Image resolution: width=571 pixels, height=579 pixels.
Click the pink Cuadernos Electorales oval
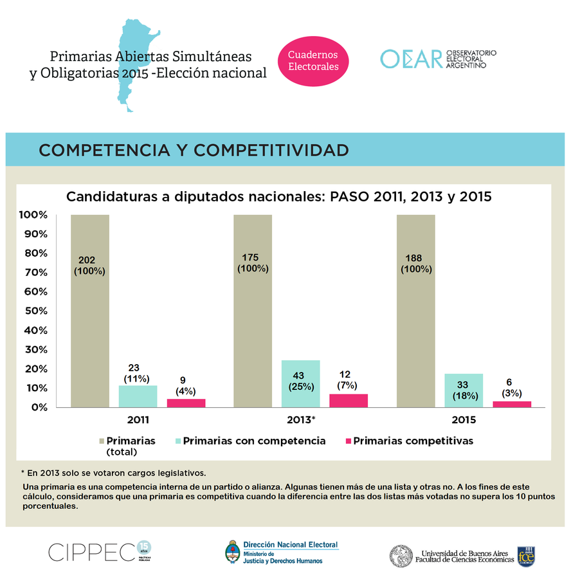(x=313, y=60)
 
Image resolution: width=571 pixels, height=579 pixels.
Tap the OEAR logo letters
(x=412, y=59)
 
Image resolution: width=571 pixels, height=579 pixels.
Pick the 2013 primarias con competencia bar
(x=300, y=383)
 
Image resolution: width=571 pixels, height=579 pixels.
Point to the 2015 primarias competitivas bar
(x=512, y=404)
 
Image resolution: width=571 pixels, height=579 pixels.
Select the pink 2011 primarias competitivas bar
(x=186, y=403)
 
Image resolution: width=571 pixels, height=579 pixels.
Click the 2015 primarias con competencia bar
(x=463, y=391)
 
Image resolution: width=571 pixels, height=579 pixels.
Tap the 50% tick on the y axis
(x=33, y=311)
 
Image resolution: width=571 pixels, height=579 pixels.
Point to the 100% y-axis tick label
(x=32, y=214)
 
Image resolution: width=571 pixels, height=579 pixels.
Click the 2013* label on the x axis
(x=300, y=420)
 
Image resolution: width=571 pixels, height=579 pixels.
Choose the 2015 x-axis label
(x=463, y=420)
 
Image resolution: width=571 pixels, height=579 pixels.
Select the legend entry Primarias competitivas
(x=413, y=441)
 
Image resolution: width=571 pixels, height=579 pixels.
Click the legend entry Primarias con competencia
(x=254, y=441)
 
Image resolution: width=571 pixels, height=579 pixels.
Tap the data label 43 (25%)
(x=300, y=381)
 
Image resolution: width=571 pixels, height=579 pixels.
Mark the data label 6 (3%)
(x=512, y=387)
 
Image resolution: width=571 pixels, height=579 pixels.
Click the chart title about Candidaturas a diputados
(x=279, y=197)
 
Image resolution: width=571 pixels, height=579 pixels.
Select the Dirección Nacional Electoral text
(x=291, y=544)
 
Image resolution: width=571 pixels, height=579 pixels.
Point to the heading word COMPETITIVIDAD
(x=272, y=151)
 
